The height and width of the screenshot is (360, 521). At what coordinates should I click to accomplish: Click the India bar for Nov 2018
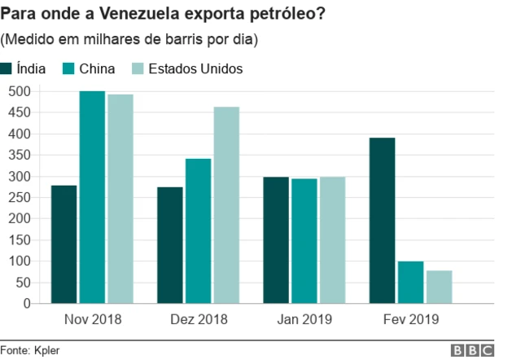tap(63, 244)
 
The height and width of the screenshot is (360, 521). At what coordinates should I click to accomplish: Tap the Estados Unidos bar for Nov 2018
tap(120, 199)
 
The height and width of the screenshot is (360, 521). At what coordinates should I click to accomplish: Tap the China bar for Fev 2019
tap(410, 282)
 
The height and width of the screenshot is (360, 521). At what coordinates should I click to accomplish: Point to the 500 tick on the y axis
tap(19, 91)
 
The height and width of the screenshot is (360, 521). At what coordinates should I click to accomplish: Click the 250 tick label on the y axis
tap(19, 197)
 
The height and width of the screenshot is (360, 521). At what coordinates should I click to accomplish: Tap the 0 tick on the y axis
tap(26, 303)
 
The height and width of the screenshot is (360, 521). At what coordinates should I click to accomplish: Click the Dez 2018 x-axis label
tap(198, 319)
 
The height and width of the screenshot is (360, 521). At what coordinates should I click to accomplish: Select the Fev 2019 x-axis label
tap(410, 319)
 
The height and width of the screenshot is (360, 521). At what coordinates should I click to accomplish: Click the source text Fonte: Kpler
tap(30, 349)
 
